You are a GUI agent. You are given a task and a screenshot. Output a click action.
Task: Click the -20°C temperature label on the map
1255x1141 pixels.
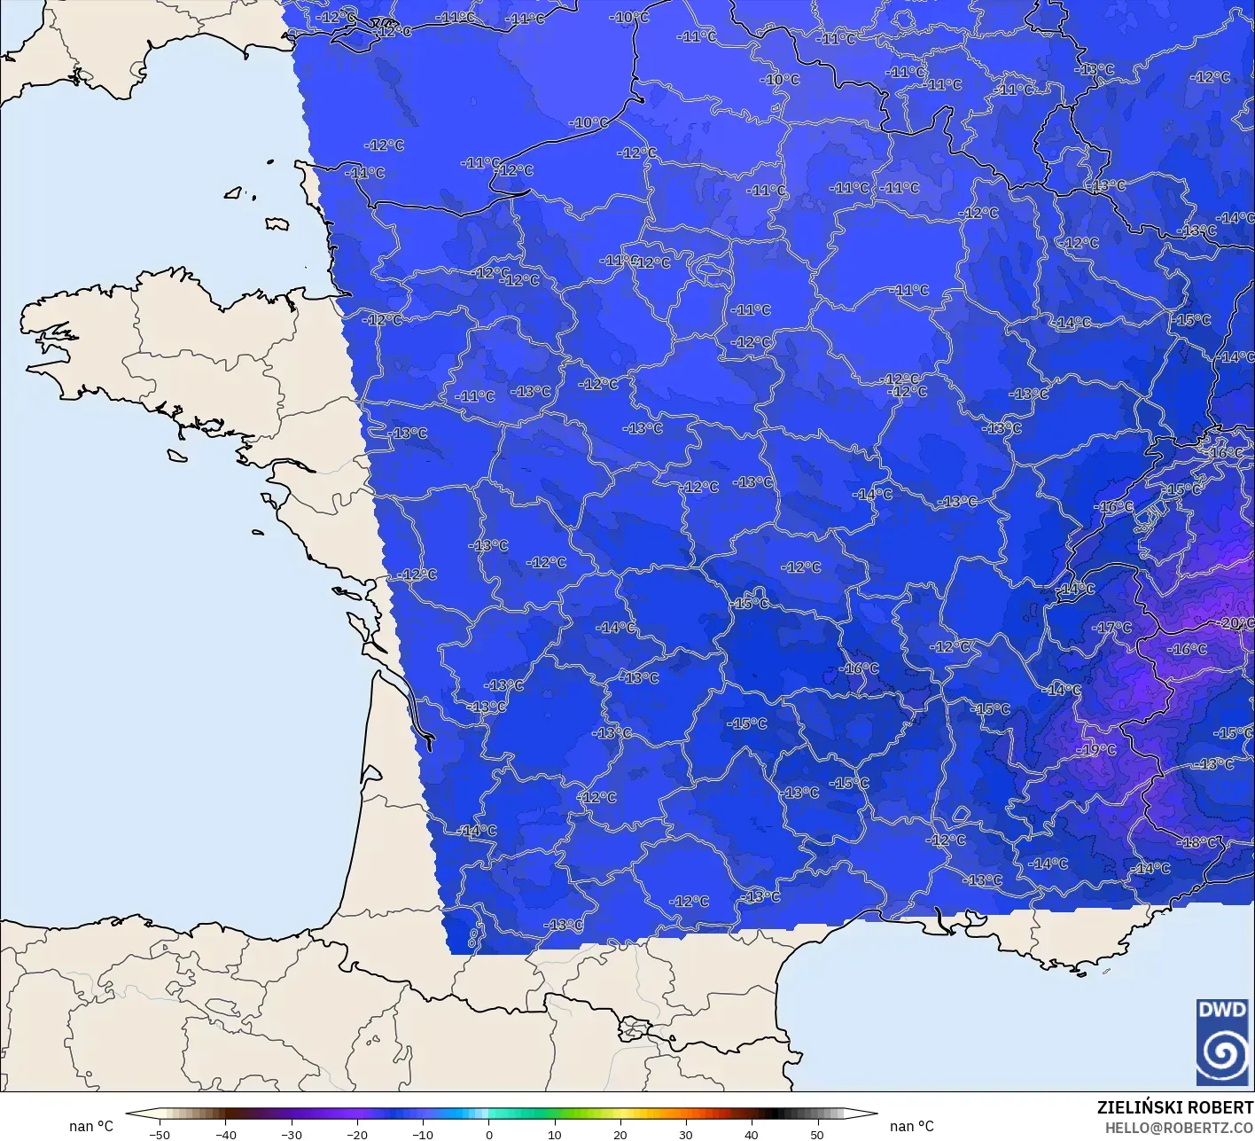point(1237,623)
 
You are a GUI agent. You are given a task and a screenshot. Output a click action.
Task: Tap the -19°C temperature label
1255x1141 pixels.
point(1097,750)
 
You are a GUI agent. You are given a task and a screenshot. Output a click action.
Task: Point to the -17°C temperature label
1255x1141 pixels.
point(1113,628)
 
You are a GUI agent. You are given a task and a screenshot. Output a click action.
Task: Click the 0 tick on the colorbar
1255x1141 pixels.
point(488,1134)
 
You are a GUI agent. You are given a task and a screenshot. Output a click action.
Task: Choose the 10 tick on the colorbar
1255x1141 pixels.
point(554,1134)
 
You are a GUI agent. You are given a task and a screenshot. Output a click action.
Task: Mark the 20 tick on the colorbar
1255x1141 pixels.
point(620,1134)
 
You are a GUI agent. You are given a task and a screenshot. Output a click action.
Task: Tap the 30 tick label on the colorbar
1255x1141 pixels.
point(685,1134)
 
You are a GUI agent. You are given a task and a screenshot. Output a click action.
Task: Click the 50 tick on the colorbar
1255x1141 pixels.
point(816,1134)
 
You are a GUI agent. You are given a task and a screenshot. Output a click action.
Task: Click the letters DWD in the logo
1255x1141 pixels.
point(1221,1010)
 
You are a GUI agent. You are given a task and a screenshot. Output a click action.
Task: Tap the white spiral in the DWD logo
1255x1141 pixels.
point(1222,1053)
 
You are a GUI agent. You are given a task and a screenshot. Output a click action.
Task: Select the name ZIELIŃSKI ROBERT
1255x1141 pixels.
point(1175,1107)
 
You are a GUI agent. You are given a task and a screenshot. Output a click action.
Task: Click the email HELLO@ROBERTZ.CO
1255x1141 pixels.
point(1180,1127)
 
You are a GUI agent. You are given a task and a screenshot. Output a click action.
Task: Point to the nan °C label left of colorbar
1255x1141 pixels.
point(91,1126)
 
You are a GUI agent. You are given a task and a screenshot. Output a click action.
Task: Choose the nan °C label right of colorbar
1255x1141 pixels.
point(912,1126)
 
